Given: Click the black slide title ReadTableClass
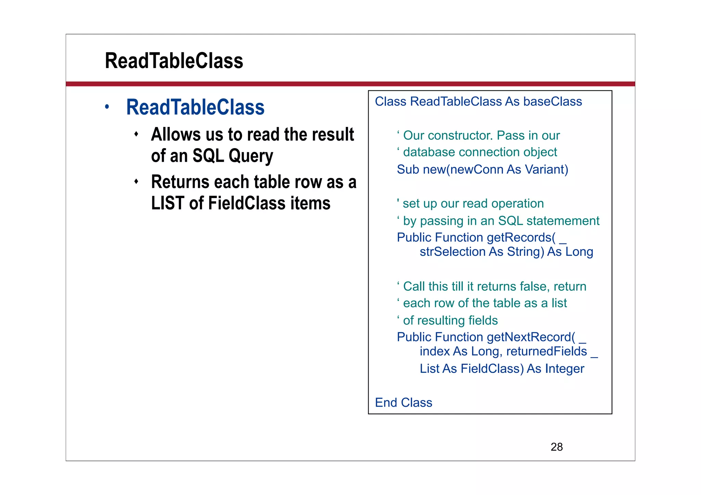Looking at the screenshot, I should (174, 61).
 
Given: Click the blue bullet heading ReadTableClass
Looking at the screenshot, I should (195, 107).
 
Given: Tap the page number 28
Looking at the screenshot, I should (557, 447).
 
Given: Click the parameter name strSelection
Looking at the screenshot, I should (453, 252).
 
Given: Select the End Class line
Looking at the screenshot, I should (404, 403).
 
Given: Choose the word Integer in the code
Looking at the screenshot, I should (564, 369).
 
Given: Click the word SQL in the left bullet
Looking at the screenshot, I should (208, 156).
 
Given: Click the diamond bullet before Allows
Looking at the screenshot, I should (136, 134).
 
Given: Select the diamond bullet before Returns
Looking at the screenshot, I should (136, 181).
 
